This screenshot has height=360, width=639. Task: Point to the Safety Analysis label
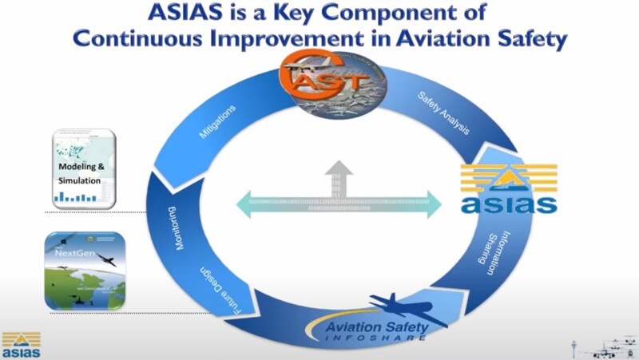click(443, 113)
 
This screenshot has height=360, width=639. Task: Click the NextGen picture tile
click(84, 271)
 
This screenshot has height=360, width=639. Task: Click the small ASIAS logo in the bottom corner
click(21, 344)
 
